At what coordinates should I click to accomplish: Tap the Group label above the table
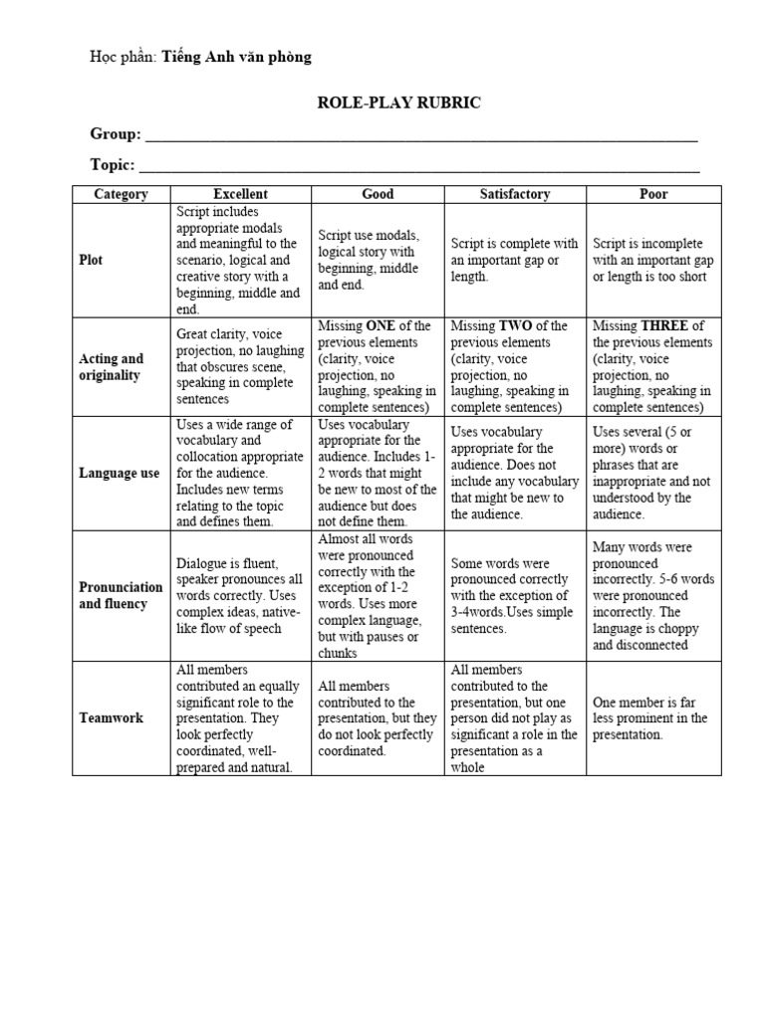[x=116, y=134]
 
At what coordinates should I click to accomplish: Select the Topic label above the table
[x=113, y=164]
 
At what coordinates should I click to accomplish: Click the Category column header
[x=121, y=194]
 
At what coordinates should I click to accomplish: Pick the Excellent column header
[x=240, y=194]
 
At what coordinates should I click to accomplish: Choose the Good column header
[x=378, y=194]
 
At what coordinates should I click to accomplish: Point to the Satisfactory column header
[x=514, y=194]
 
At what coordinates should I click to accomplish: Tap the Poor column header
[x=653, y=194]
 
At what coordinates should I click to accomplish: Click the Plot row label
[x=91, y=260]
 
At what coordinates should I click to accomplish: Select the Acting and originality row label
[x=111, y=367]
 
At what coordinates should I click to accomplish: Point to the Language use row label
[x=119, y=474]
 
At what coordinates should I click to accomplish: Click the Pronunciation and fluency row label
[x=120, y=595]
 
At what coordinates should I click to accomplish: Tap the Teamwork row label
[x=111, y=717]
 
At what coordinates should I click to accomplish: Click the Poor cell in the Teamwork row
[x=653, y=718]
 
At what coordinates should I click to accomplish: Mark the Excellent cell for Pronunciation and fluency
[x=240, y=595]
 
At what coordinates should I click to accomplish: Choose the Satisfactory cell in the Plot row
[x=514, y=260]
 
